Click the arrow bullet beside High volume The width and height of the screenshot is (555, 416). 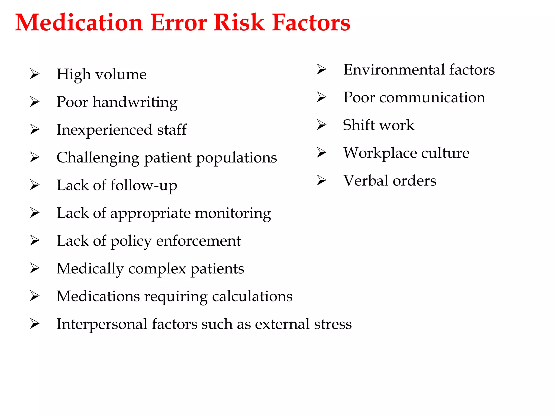[35, 74]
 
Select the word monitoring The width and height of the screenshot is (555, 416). [233, 213]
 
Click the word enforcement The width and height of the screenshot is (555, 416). [198, 241]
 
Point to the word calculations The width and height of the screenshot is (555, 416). [252, 297]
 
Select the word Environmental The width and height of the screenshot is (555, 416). [394, 70]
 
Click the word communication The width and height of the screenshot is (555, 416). [432, 97]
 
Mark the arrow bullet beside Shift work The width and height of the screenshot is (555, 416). [322, 125]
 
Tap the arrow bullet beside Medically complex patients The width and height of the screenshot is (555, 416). [35, 268]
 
